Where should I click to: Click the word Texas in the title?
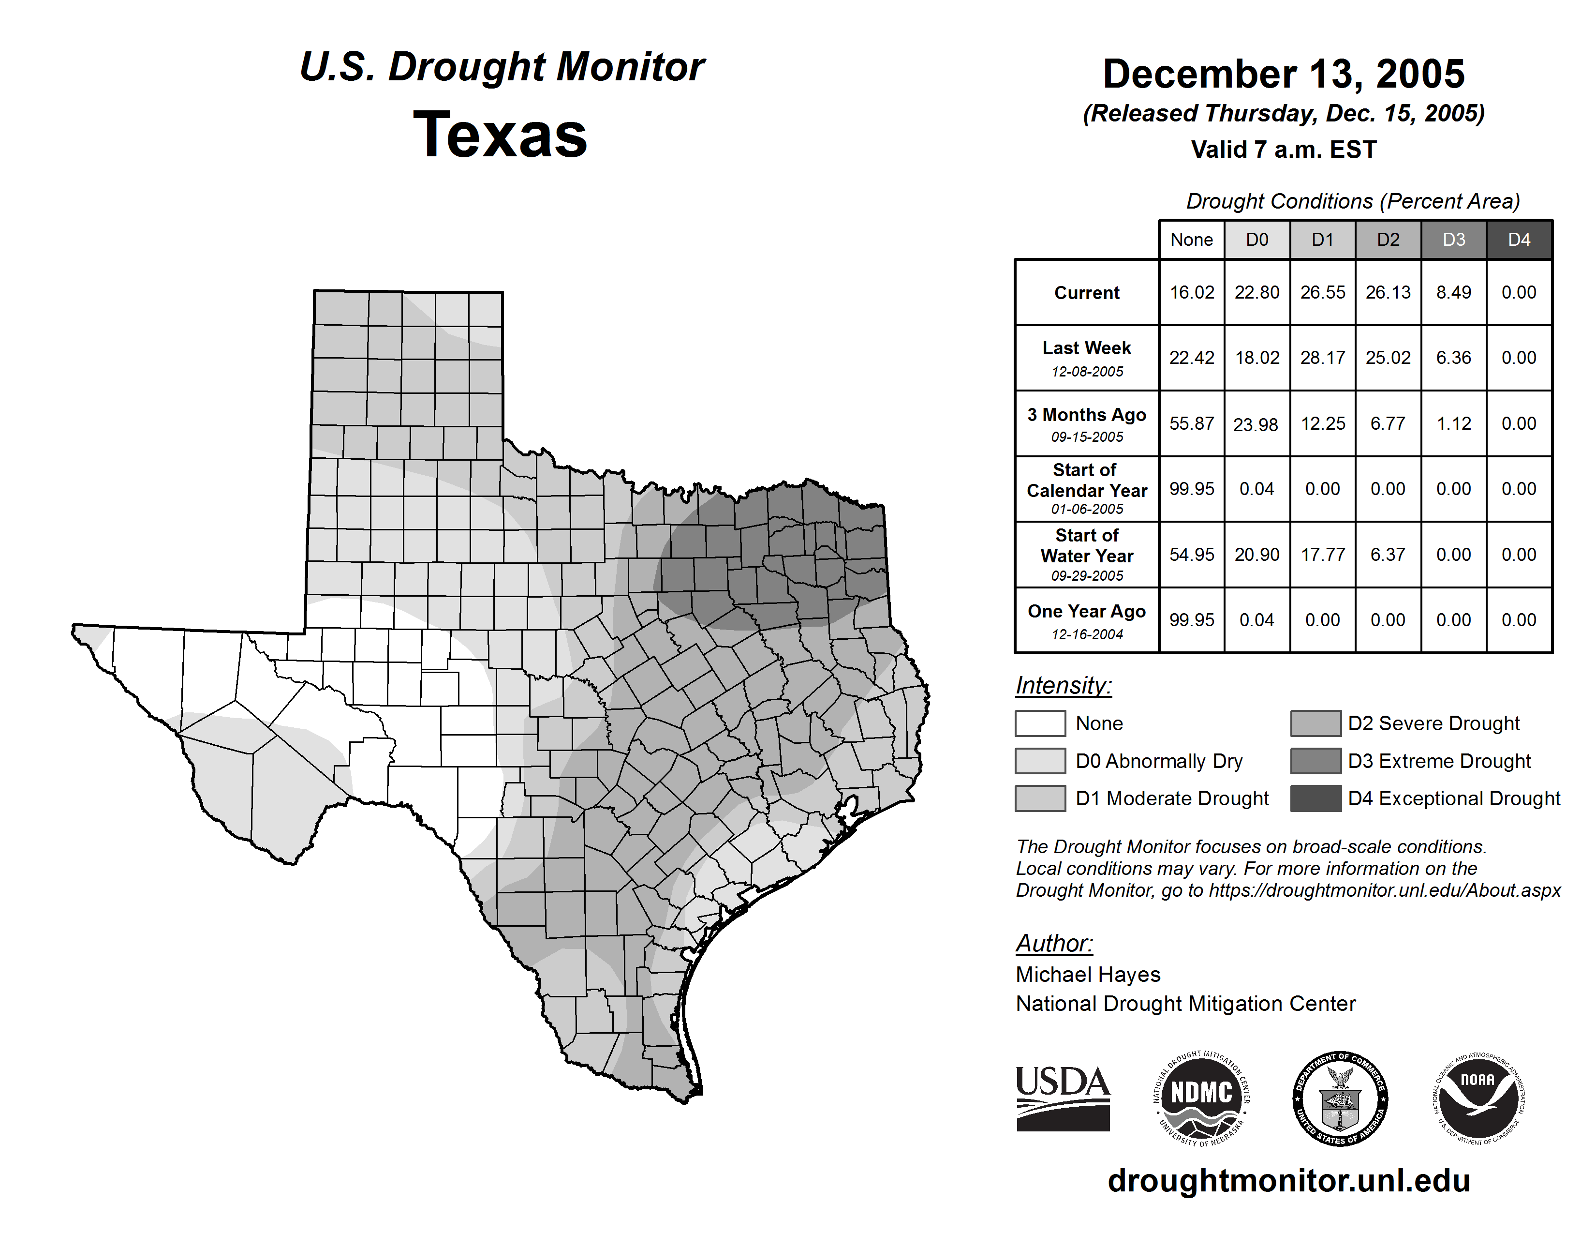click(x=500, y=135)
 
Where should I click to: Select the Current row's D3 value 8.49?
click(x=1453, y=292)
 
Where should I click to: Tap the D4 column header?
click(x=1519, y=240)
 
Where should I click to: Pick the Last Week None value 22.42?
click(x=1191, y=358)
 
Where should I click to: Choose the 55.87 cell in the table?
click(x=1191, y=423)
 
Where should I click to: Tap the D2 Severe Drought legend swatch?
click(x=1315, y=723)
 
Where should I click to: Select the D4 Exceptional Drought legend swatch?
click(x=1315, y=798)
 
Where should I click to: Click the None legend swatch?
click(x=1040, y=723)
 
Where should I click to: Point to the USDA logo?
click(x=1063, y=1098)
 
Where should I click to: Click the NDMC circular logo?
click(x=1201, y=1098)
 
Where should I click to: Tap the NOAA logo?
click(x=1478, y=1098)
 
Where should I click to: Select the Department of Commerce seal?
click(x=1340, y=1098)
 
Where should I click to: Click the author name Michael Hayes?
click(x=1087, y=975)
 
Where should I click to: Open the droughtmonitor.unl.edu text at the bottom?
click(x=1289, y=1181)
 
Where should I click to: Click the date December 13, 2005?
click(x=1283, y=75)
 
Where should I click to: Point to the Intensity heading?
click(x=1063, y=686)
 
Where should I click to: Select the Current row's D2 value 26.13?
click(x=1388, y=292)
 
